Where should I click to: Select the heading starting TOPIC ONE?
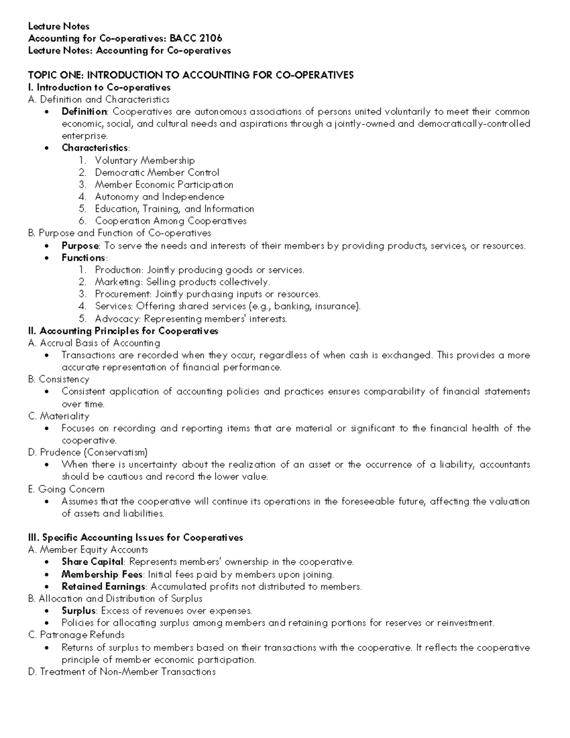pyautogui.click(x=190, y=75)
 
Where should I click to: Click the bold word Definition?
pyautogui.click(x=85, y=112)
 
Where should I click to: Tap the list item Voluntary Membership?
pyautogui.click(x=144, y=161)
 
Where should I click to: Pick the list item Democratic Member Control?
pyautogui.click(x=157, y=173)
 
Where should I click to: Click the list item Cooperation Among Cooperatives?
pyautogui.click(x=171, y=221)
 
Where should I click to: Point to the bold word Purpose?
pyautogui.click(x=80, y=246)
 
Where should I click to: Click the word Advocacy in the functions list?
pyautogui.click(x=117, y=319)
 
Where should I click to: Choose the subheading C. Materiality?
pyautogui.click(x=58, y=416)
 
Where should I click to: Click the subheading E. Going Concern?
pyautogui.click(x=66, y=489)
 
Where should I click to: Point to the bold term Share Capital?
pyautogui.click(x=93, y=562)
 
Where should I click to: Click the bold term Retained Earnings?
pyautogui.click(x=103, y=586)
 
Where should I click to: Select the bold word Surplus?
pyautogui.click(x=79, y=611)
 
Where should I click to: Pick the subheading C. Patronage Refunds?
pyautogui.click(x=76, y=635)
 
